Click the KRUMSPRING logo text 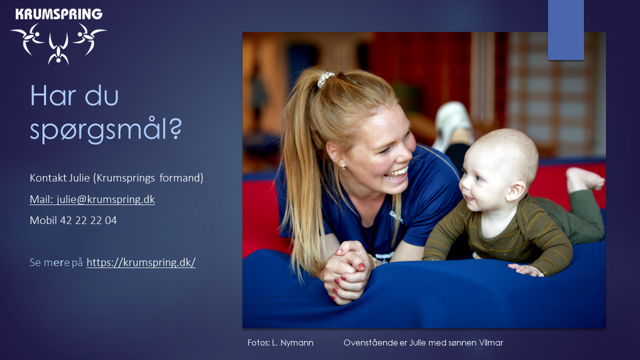click(x=59, y=14)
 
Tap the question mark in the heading click(x=175, y=128)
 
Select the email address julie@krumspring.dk click(x=105, y=199)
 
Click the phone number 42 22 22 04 click(x=88, y=220)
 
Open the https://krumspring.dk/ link click(x=141, y=262)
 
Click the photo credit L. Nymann click(x=292, y=343)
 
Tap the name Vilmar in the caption click(x=490, y=343)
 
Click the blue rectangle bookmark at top click(x=566, y=30)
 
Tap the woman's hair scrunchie click(x=326, y=79)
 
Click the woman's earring click(x=343, y=167)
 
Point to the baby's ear click(x=515, y=191)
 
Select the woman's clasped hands click(x=347, y=272)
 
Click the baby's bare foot click(x=584, y=178)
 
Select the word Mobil click(x=44, y=220)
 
